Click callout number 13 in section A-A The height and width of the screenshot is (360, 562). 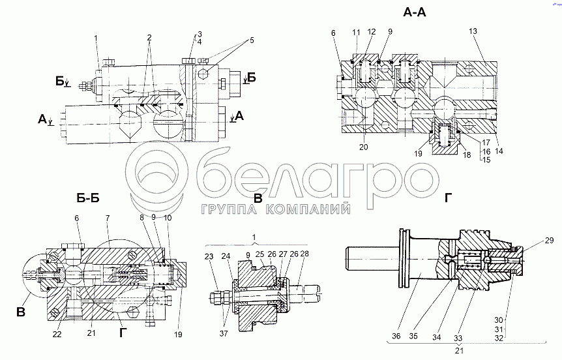473,32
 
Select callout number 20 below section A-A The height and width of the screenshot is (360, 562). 363,147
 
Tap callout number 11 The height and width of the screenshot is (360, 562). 356,32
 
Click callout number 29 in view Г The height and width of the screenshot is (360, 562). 531,241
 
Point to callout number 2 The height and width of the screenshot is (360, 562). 149,38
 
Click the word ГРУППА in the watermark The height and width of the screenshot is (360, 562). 224,209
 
